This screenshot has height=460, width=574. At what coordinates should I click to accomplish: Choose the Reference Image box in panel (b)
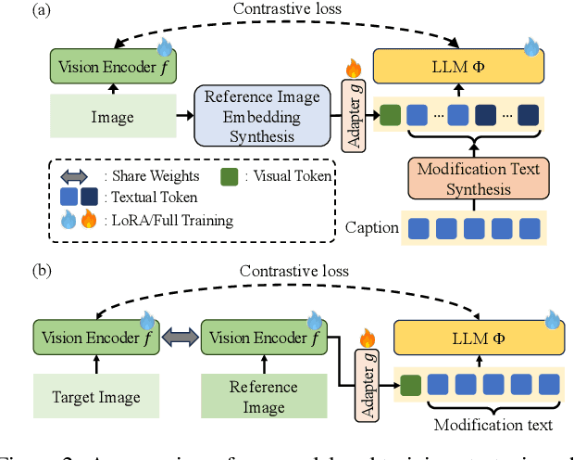tap(264, 397)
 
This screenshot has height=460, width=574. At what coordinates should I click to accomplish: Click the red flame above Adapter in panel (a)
tap(352, 69)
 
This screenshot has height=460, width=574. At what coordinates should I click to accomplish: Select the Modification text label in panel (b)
tap(492, 425)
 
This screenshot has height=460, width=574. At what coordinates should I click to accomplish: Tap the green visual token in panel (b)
tap(411, 385)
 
